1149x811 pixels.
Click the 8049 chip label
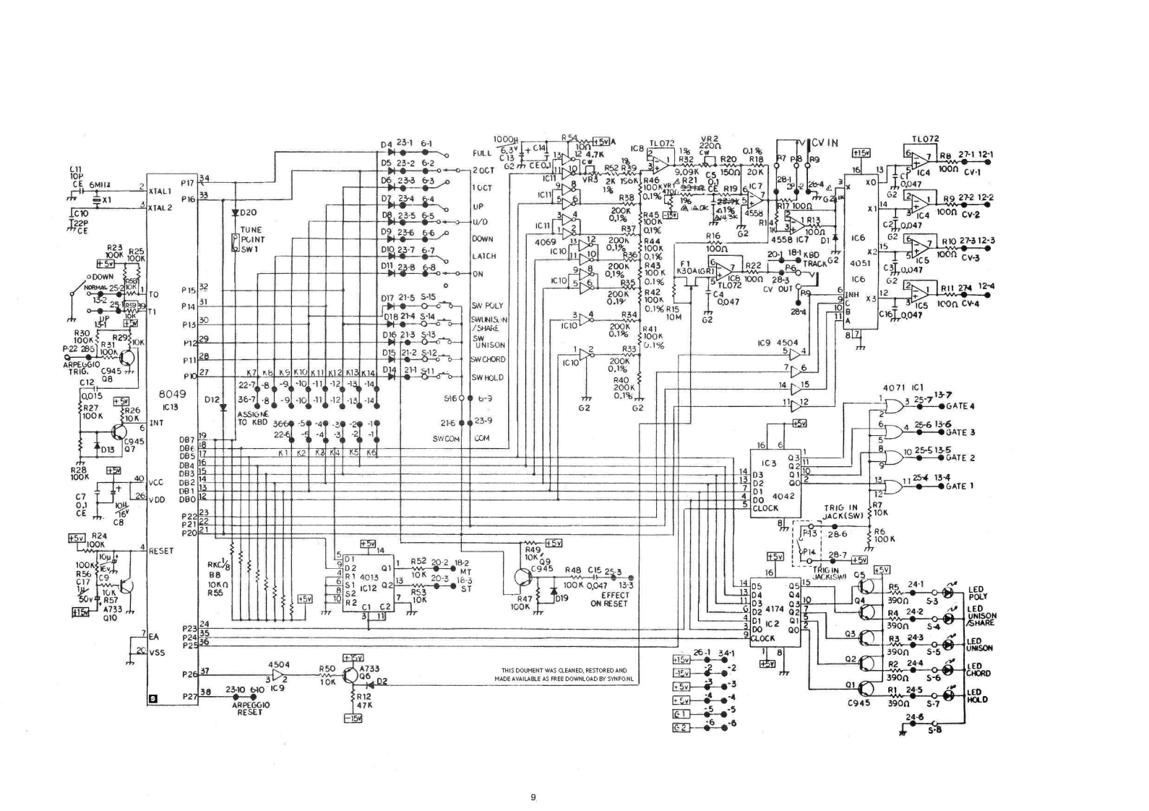tap(173, 395)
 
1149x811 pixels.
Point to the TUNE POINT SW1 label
tap(252, 239)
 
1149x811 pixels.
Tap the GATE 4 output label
tap(960, 406)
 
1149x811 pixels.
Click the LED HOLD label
tap(977, 695)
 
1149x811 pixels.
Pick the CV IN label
tap(825, 142)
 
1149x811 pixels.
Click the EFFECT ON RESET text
tap(614, 599)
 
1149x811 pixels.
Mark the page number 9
tap(533, 797)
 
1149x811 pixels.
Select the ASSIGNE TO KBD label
tap(253, 418)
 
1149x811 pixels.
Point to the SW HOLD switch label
tap(487, 377)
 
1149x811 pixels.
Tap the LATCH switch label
tap(483, 256)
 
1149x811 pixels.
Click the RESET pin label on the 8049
tap(161, 551)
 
